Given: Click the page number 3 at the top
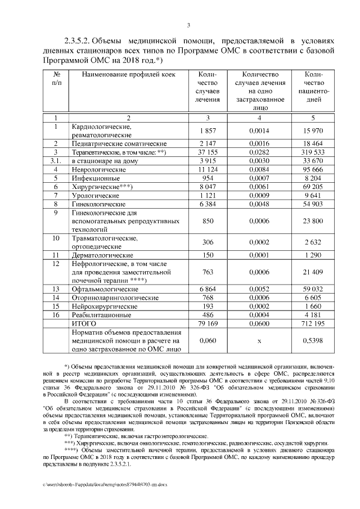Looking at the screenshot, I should click(188, 25).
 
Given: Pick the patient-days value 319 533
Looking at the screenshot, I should click(312, 152).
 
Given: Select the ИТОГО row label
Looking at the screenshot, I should click(83, 324).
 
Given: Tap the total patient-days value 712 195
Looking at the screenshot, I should click(312, 324).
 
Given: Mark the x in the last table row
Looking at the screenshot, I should click(259, 340).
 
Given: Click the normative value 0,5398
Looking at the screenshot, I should click(312, 340).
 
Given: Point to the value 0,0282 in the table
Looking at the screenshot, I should click(259, 152).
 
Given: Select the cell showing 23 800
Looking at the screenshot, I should click(312, 222).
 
